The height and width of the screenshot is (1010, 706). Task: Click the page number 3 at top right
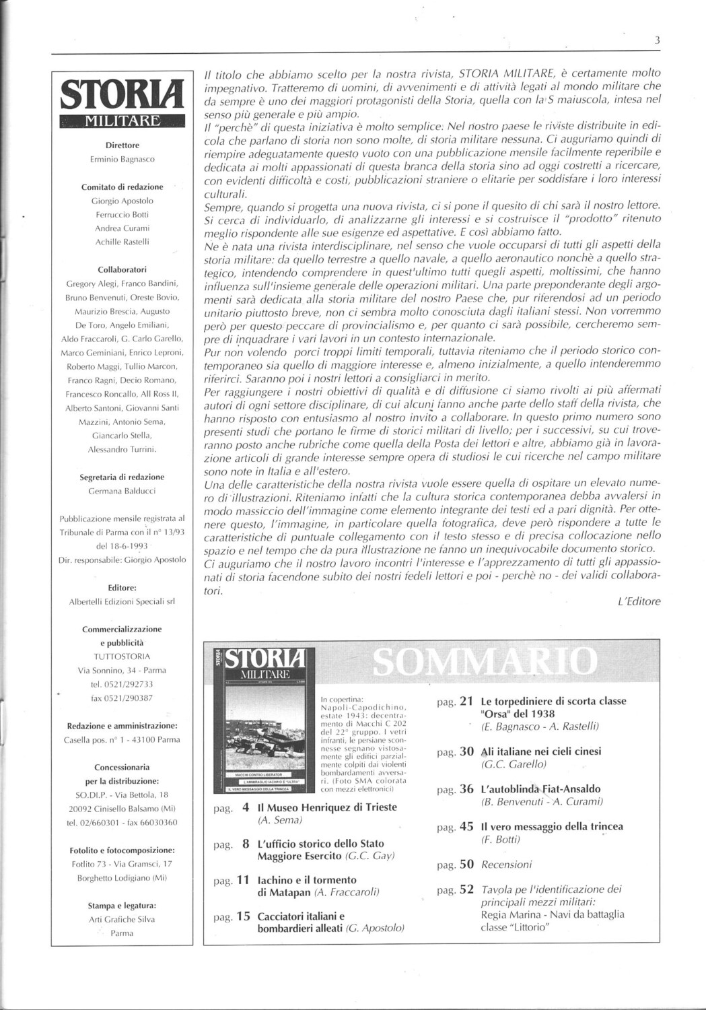click(x=657, y=41)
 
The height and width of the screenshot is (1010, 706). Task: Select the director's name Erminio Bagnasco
click(x=122, y=159)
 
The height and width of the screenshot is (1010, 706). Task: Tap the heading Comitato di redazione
click(x=122, y=187)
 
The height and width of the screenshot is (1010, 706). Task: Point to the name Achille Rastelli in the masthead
click(x=122, y=242)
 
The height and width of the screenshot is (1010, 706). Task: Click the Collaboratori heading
click(x=122, y=269)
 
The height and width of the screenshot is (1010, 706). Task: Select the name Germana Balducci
click(x=122, y=491)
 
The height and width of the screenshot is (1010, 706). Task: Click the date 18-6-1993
click(x=122, y=546)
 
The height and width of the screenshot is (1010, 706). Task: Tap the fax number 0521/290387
click(x=122, y=698)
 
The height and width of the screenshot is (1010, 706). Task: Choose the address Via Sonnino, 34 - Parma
click(x=122, y=671)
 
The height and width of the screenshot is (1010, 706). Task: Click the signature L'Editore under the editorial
click(x=639, y=601)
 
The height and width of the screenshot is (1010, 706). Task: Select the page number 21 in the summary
click(x=467, y=702)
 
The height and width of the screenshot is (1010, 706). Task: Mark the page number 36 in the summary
click(x=467, y=789)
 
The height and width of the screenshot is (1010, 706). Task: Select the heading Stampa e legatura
click(x=122, y=906)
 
